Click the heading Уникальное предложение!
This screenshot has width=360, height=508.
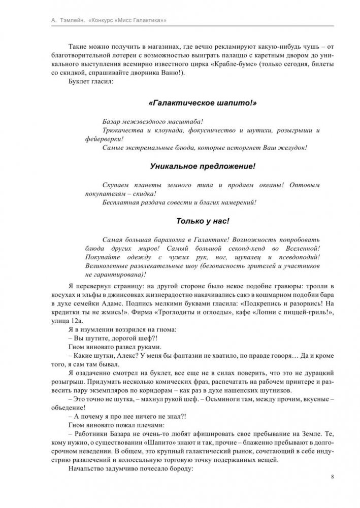203,166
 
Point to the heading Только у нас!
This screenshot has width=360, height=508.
203,221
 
